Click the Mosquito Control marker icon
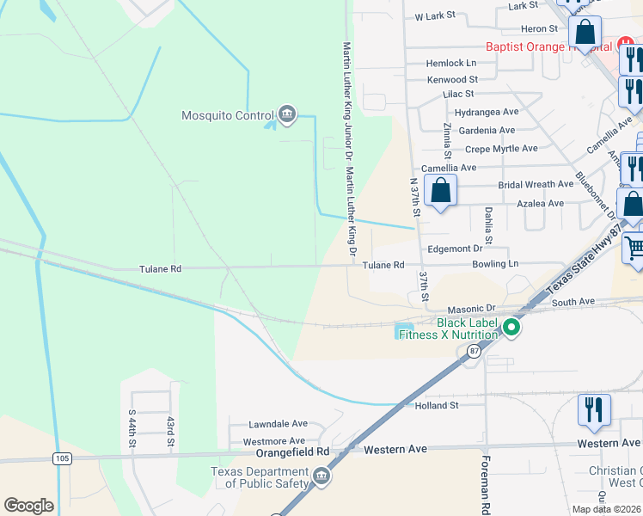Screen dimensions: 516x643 point(287,114)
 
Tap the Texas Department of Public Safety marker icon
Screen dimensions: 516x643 point(321,476)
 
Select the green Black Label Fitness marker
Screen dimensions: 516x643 point(511,327)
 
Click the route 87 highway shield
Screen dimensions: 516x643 point(474,351)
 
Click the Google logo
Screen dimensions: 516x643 point(28,506)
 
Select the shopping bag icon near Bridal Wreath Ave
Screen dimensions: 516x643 point(440,190)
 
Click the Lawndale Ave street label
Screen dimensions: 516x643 point(278,424)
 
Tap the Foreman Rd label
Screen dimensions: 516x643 point(486,485)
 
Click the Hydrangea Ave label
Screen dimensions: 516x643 point(487,112)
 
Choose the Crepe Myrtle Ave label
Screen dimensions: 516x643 point(501,149)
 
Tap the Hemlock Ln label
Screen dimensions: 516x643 point(451,64)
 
